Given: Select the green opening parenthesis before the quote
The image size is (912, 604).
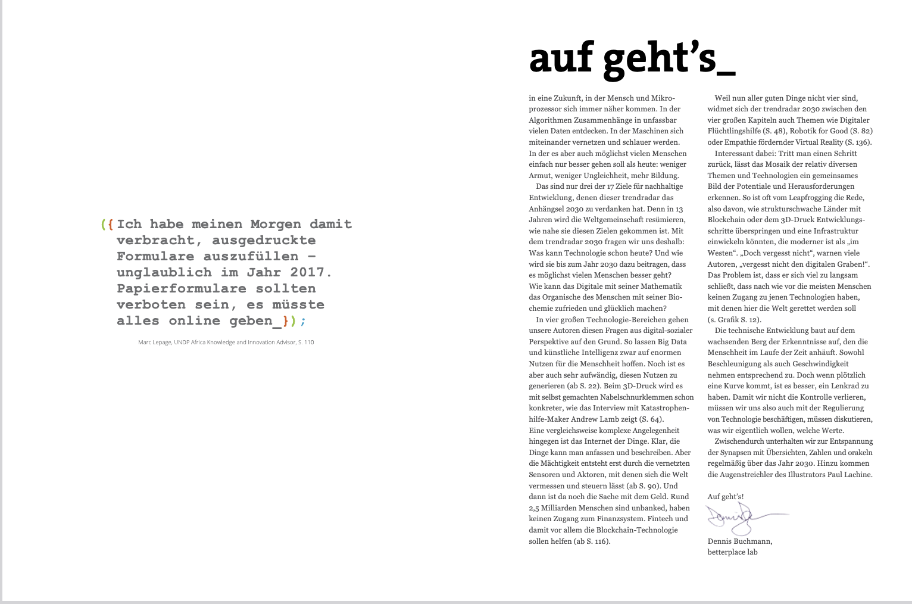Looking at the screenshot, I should [x=103, y=225].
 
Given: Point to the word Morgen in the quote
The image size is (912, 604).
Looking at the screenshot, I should [x=276, y=225].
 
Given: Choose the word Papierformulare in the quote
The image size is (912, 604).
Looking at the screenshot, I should [x=182, y=289].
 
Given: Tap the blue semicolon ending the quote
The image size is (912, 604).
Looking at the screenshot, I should [x=303, y=321].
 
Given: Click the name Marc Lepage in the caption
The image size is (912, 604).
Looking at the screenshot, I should [x=155, y=343].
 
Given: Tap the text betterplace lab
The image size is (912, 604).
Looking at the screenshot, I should [x=732, y=552].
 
